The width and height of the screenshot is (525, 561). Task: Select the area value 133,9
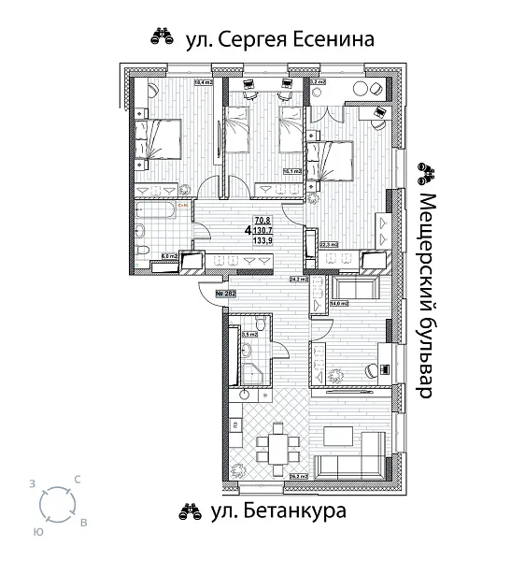click(x=262, y=239)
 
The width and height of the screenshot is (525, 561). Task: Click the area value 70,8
click(x=262, y=219)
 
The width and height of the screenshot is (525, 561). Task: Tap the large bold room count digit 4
click(x=248, y=229)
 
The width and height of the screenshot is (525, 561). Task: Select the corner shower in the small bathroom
click(x=253, y=373)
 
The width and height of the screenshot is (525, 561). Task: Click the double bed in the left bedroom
click(x=158, y=139)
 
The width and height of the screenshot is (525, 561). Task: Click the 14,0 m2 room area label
click(x=338, y=303)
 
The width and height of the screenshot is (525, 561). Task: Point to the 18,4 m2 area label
click(x=203, y=82)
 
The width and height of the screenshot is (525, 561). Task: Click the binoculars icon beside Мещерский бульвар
click(x=427, y=170)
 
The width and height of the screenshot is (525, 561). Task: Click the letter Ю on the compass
click(x=36, y=530)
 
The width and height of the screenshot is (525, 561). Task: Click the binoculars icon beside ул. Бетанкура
click(x=190, y=511)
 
